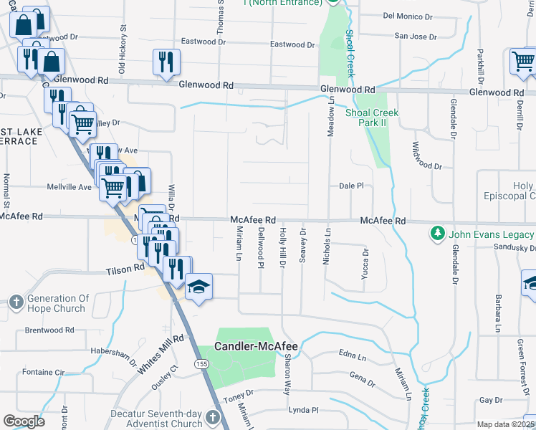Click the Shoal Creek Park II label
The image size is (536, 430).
tap(372, 118)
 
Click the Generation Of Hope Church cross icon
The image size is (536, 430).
tap(16, 303)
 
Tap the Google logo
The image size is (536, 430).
tap(24, 421)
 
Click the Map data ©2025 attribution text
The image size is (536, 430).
tap(506, 424)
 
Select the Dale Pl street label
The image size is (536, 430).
tap(351, 186)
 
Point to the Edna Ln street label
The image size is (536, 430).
tap(353, 356)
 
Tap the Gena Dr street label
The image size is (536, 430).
tap(362, 378)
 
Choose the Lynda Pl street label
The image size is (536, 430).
tap(302, 410)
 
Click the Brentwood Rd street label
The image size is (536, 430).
tap(49, 330)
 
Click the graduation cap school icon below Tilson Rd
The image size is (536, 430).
tap(198, 287)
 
